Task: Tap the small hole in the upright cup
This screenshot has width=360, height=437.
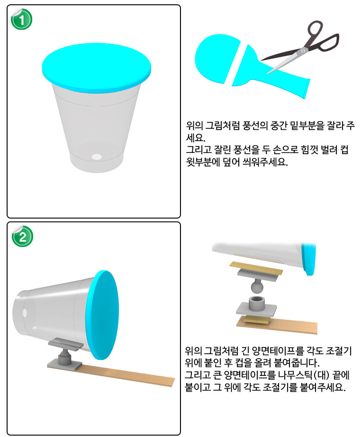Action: pyautogui.click(x=97, y=156)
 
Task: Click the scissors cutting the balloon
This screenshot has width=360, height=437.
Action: pyautogui.click(x=303, y=47)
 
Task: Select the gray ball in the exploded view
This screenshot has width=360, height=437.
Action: pyautogui.click(x=257, y=286)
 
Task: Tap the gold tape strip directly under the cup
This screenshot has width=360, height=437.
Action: pyautogui.click(x=256, y=267)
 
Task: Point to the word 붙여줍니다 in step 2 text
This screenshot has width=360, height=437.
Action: pyautogui.click(x=294, y=364)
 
